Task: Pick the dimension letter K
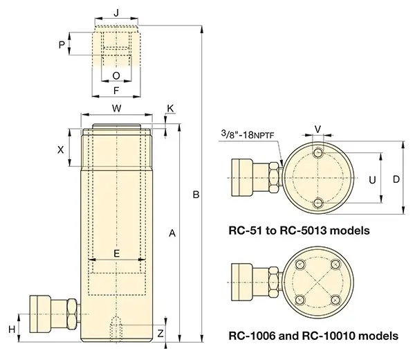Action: pos(171,109)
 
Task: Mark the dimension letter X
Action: pos(61,149)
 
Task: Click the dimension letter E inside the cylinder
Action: pos(116,253)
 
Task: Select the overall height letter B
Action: pos(196,196)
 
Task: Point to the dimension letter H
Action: pos(11,327)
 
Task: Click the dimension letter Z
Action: pos(160,334)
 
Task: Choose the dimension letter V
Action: pos(317,129)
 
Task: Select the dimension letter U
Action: pos(373,179)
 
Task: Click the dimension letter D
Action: pos(396,179)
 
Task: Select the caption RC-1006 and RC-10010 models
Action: pos(313,336)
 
